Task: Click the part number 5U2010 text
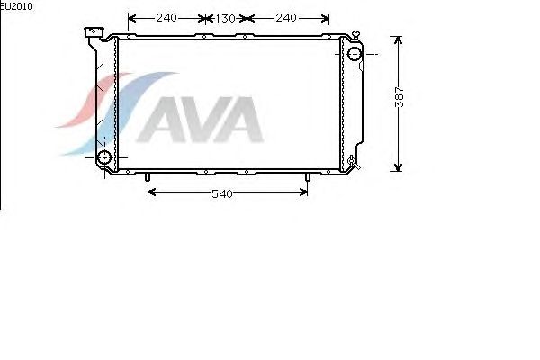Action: click(x=16, y=6)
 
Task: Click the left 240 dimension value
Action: click(x=166, y=18)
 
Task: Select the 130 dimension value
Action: click(x=225, y=19)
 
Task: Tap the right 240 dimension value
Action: click(x=286, y=18)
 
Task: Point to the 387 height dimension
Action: click(x=399, y=97)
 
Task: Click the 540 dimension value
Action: click(x=222, y=194)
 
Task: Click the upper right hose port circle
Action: click(x=354, y=54)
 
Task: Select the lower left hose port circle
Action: click(x=103, y=157)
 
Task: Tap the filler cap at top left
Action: click(x=94, y=32)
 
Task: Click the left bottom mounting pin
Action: click(x=147, y=177)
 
